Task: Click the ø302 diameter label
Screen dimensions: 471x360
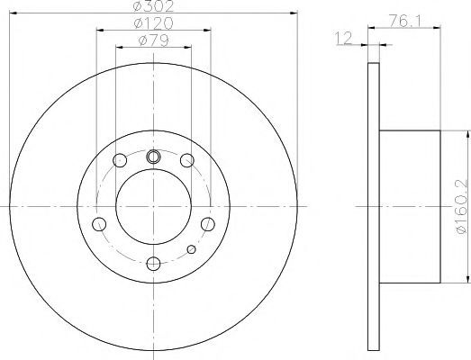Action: pos(153,6)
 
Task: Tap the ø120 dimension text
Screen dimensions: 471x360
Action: pos(153,23)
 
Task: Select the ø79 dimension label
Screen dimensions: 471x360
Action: pos(153,40)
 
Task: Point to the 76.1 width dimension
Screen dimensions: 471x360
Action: pos(405,21)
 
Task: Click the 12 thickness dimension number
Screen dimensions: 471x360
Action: pos(343,39)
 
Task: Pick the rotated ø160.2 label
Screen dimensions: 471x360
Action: pos(462,206)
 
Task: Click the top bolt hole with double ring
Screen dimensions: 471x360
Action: pos(153,157)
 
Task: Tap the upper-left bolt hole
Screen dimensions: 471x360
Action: pos(120,160)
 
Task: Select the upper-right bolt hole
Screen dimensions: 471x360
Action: pos(187,160)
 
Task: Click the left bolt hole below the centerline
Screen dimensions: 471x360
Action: pos(99,224)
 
